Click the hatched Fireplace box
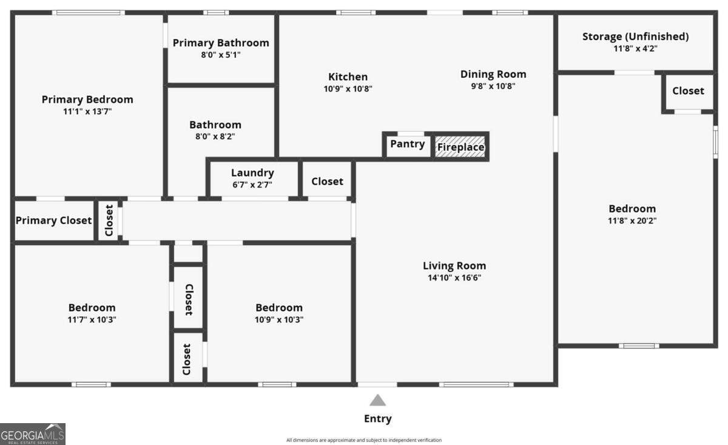[x=460, y=147]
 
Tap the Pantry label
[x=407, y=144]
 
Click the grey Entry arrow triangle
[x=378, y=400]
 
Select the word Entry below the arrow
[x=378, y=419]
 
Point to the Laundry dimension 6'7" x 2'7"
[x=252, y=185]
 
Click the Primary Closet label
[x=53, y=220]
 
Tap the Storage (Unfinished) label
[x=635, y=36]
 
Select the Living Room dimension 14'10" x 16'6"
[x=454, y=277]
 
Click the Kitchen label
[x=348, y=76]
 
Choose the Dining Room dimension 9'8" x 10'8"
[x=493, y=86]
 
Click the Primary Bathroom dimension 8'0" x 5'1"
[x=221, y=55]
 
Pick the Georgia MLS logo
[x=33, y=434]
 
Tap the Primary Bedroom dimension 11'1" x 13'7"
[x=87, y=112]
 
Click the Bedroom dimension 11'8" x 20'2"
[x=632, y=221]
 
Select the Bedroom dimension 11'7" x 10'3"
[x=92, y=320]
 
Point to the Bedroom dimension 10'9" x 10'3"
[x=279, y=320]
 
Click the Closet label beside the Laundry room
[x=327, y=182]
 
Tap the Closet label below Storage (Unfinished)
[x=688, y=90]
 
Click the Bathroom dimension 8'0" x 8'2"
[x=215, y=137]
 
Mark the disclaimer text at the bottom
[x=364, y=440]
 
